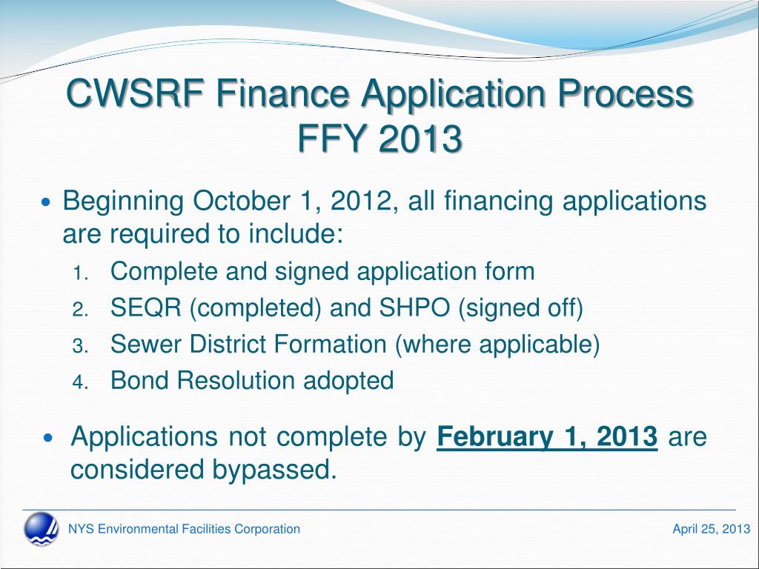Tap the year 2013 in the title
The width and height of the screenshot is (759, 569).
420,138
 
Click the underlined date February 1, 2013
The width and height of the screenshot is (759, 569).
547,437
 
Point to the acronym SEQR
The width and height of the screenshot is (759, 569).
146,307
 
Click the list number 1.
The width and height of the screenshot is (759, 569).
80,273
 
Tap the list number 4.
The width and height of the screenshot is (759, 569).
80,382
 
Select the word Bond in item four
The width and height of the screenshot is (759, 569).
139,380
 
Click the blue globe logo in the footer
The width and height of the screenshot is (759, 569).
42,529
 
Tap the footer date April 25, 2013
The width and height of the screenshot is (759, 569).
711,529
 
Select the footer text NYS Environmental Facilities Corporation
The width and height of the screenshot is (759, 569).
184,529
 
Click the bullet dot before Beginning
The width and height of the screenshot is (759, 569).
47,202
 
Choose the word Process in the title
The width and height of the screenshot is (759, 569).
625,93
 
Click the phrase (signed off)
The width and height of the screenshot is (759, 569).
520,307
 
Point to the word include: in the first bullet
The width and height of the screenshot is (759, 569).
296,233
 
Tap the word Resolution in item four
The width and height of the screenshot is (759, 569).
236,380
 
